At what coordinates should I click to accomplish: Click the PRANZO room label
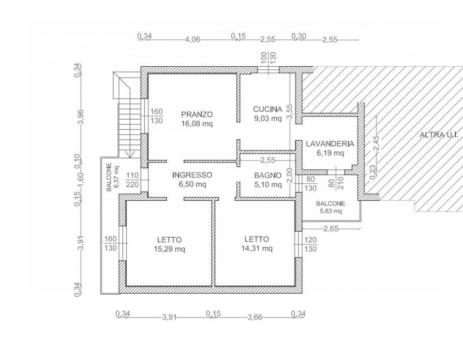pyautogui.click(x=197, y=114)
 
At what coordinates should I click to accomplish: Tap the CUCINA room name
pyautogui.click(x=268, y=109)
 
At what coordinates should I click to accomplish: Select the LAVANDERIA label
pyautogui.click(x=330, y=144)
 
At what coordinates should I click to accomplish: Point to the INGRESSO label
pyautogui.click(x=192, y=175)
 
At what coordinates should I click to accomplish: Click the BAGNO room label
pyautogui.click(x=268, y=176)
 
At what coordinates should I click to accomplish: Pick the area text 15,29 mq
pyautogui.click(x=169, y=249)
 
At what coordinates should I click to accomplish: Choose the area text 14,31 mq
pyautogui.click(x=257, y=248)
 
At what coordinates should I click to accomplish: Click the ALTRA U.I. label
pyautogui.click(x=439, y=135)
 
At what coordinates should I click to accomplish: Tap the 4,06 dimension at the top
pyautogui.click(x=193, y=39)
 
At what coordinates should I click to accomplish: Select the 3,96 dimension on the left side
pyautogui.click(x=81, y=117)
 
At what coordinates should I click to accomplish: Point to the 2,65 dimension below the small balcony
pyautogui.click(x=331, y=228)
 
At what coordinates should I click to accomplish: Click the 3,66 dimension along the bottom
pyautogui.click(x=254, y=317)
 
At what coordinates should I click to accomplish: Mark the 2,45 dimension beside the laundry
pyautogui.click(x=376, y=143)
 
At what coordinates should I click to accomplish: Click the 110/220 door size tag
pyautogui.click(x=132, y=180)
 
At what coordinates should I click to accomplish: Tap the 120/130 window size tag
pyautogui.click(x=310, y=244)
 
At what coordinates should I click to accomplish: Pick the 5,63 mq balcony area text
pyautogui.click(x=331, y=211)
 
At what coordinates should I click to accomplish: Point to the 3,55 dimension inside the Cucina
pyautogui.click(x=290, y=112)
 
